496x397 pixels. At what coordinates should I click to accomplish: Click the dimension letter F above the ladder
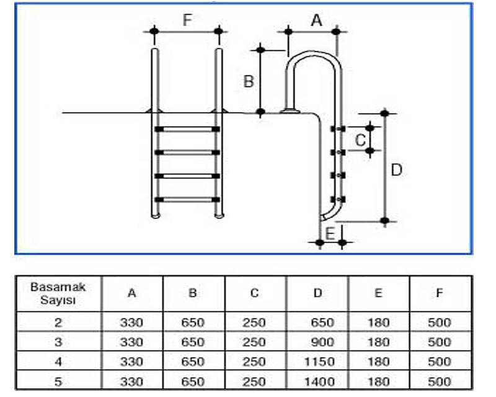(x=187, y=20)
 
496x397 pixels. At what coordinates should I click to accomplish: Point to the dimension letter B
(x=248, y=81)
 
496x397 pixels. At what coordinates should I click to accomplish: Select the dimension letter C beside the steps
(x=360, y=140)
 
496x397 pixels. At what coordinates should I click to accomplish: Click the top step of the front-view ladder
(x=187, y=129)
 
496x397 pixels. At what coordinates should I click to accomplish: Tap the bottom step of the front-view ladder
(x=187, y=199)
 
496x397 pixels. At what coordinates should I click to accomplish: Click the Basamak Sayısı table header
(x=58, y=293)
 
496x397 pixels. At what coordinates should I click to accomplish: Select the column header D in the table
(x=317, y=293)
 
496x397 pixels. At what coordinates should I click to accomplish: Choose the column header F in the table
(x=439, y=293)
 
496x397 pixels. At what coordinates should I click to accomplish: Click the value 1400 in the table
(x=317, y=381)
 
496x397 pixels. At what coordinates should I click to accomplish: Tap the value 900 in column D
(x=321, y=342)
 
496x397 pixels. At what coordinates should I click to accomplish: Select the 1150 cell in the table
(x=317, y=361)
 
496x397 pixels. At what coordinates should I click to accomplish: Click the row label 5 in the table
(x=58, y=381)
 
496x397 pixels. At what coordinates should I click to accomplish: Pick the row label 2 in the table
(x=58, y=322)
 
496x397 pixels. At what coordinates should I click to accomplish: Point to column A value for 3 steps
(x=131, y=342)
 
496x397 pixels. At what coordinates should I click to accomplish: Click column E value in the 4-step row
(x=378, y=361)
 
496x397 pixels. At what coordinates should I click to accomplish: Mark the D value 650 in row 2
(x=321, y=322)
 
